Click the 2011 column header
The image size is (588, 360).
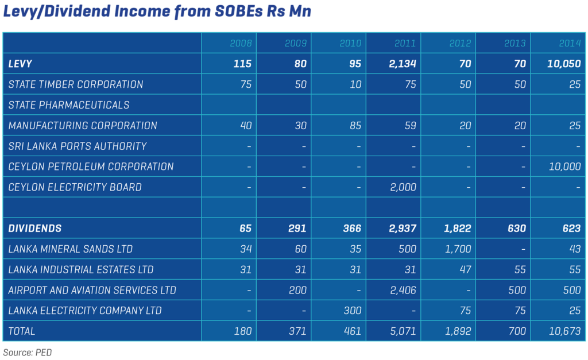[x=405, y=44]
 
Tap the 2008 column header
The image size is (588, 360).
[x=241, y=44]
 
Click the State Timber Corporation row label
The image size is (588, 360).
[x=76, y=84]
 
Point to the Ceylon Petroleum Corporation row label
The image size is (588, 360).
[x=91, y=167]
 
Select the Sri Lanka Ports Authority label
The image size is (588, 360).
[x=78, y=146]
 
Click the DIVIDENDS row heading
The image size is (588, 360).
[x=34, y=229]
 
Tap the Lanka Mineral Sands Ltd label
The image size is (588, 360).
[x=71, y=249]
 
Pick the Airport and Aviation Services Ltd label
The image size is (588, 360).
[x=92, y=290]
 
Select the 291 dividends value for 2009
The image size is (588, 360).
[x=296, y=229]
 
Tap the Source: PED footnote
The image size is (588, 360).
[x=27, y=352]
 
